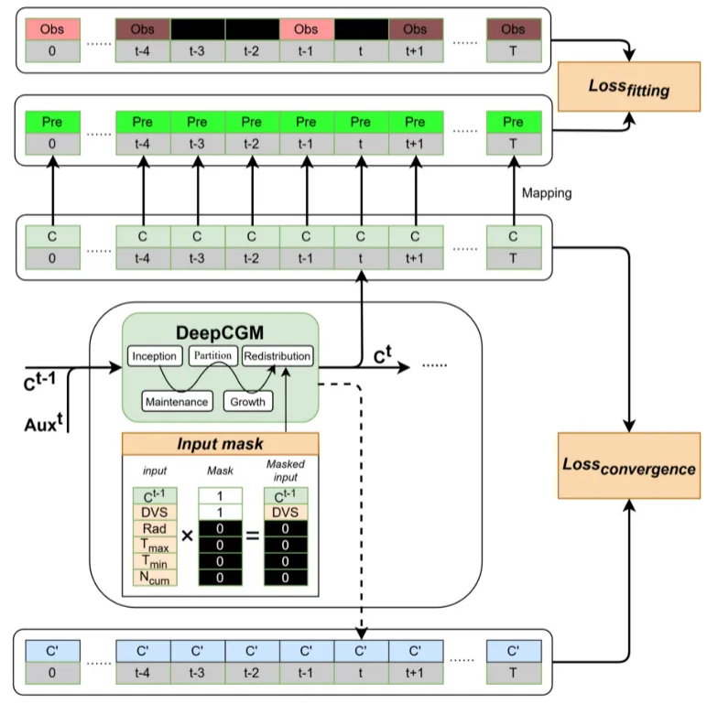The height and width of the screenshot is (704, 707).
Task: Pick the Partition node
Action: pos(213,355)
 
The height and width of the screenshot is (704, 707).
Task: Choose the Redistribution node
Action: pos(277,355)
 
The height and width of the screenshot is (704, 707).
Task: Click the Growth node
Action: pos(247,401)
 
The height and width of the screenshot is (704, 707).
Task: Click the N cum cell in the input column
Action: pos(152,577)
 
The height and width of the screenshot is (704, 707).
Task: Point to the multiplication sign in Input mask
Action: pos(187,536)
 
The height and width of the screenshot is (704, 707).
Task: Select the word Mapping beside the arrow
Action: pos(547,193)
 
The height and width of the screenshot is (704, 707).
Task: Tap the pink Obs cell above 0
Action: pos(52,29)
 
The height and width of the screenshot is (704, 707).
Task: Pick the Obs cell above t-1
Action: pos(306,29)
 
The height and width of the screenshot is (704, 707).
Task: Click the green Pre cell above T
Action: pos(514,122)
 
